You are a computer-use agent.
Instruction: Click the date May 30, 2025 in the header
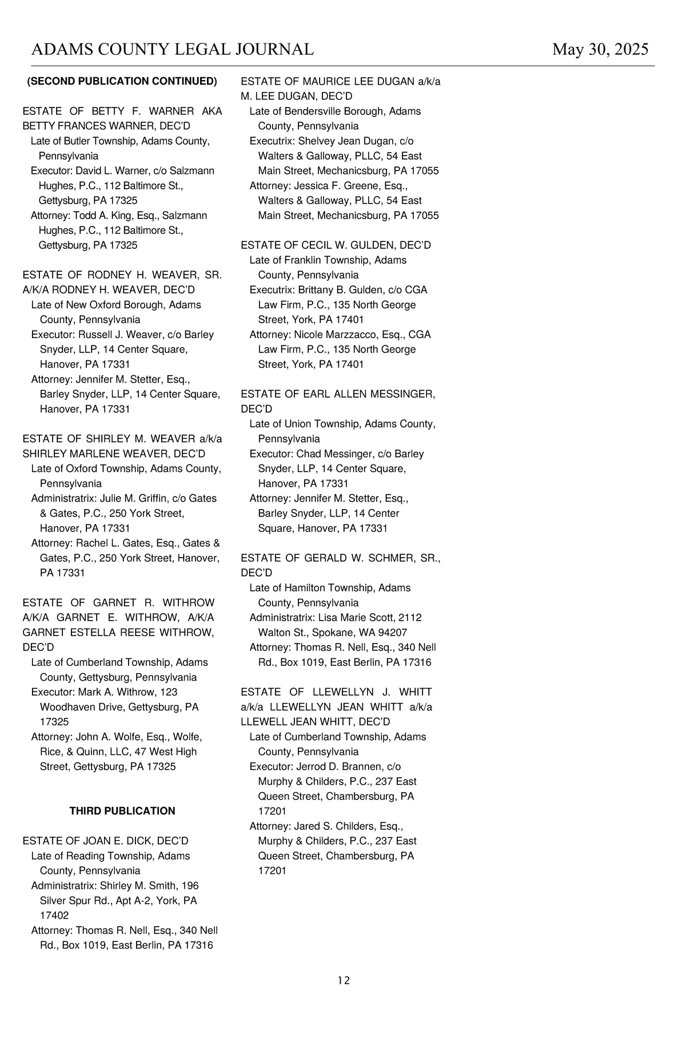600,50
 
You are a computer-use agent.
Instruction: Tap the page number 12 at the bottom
344,980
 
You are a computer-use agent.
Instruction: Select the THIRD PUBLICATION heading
122,811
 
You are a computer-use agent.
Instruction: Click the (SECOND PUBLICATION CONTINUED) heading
122,81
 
